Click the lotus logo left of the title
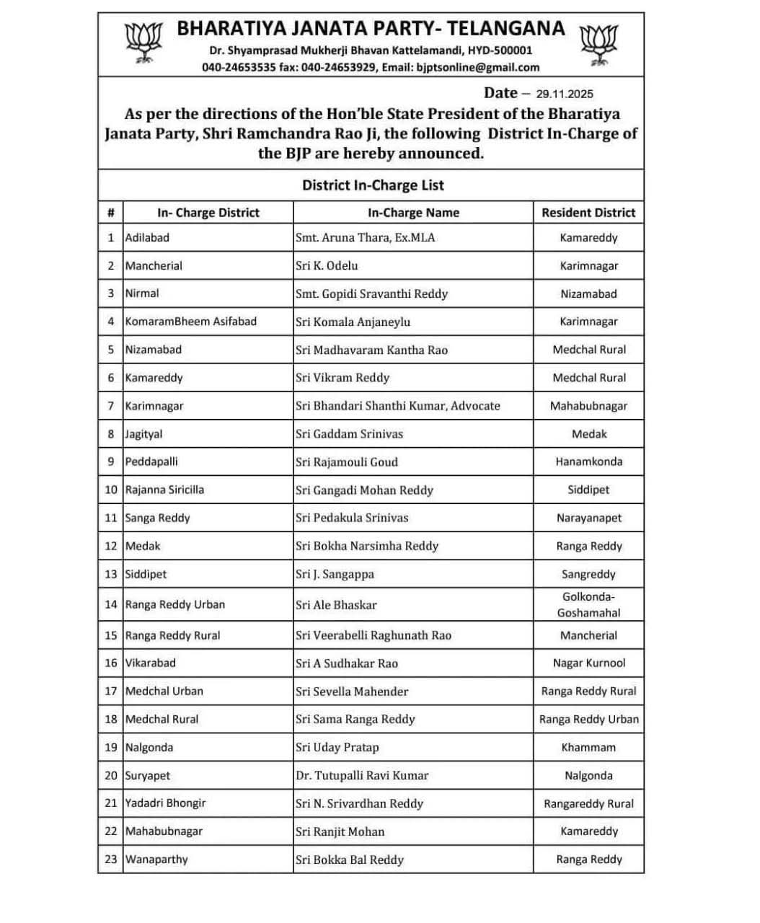(x=143, y=43)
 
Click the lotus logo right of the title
(x=599, y=45)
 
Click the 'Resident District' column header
(x=588, y=213)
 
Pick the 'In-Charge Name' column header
(x=413, y=213)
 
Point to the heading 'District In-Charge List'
(x=373, y=185)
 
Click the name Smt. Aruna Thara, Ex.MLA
(x=365, y=237)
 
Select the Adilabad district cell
(x=147, y=237)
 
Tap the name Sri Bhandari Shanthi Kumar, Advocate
(x=397, y=406)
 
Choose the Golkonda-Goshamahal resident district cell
(x=588, y=604)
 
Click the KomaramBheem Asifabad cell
(x=190, y=322)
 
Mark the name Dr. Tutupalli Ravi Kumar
(x=361, y=776)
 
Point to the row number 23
(x=110, y=860)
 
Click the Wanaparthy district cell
(x=156, y=860)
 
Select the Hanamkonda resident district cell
(x=588, y=461)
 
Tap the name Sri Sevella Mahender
(x=351, y=692)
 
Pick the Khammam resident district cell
(x=588, y=748)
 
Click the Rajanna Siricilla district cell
(x=164, y=490)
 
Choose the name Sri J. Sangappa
(x=335, y=575)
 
